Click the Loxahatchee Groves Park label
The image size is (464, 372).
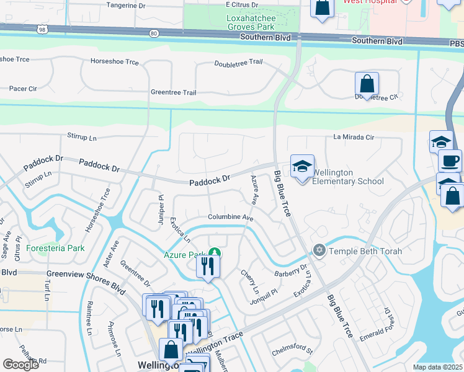point(241,23)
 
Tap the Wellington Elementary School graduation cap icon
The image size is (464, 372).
point(302,166)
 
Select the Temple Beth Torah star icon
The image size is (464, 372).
point(319,250)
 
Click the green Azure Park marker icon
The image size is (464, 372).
point(214,253)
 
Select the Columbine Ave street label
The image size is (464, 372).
point(231,218)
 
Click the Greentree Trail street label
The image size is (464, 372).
point(173,92)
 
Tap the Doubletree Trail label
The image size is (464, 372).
point(239,63)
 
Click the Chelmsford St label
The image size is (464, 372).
point(292,352)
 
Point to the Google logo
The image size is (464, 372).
point(20,365)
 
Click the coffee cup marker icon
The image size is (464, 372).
point(450,161)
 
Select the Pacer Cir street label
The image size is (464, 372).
point(23,89)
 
